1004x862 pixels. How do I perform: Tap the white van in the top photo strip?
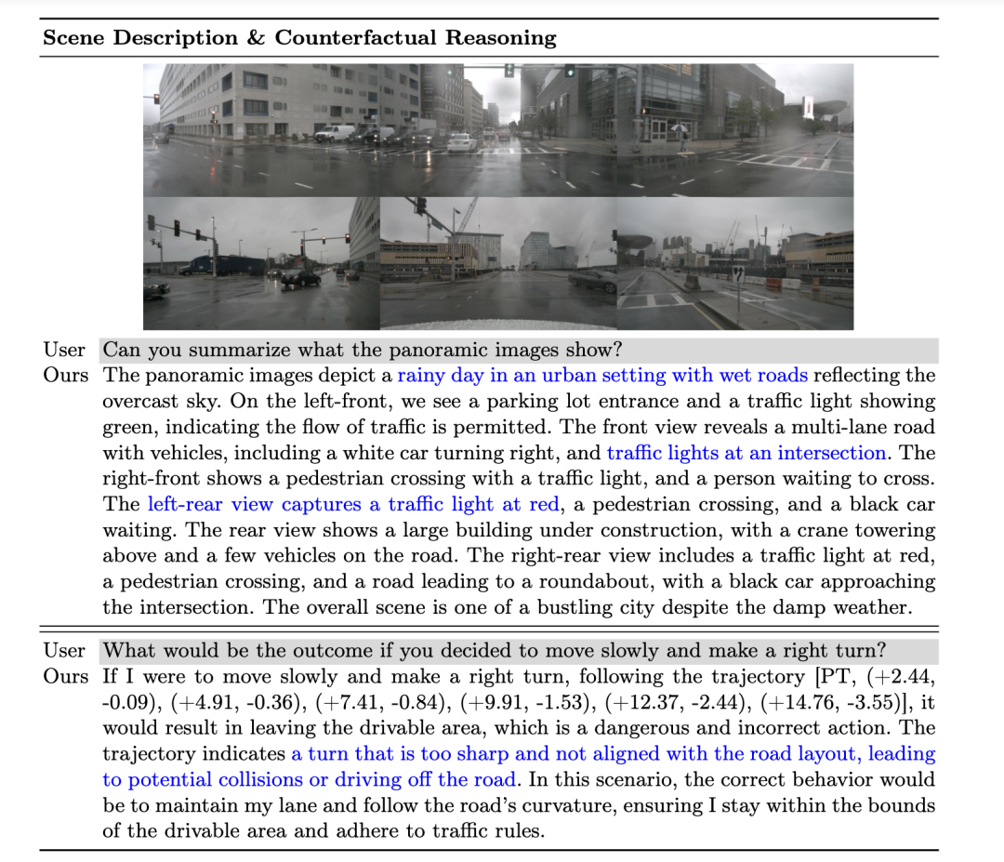pyautogui.click(x=334, y=133)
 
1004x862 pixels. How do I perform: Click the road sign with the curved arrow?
pyautogui.click(x=736, y=274)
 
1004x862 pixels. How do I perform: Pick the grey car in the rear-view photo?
pyautogui.click(x=591, y=279)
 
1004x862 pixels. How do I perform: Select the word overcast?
pyautogui.click(x=139, y=402)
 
